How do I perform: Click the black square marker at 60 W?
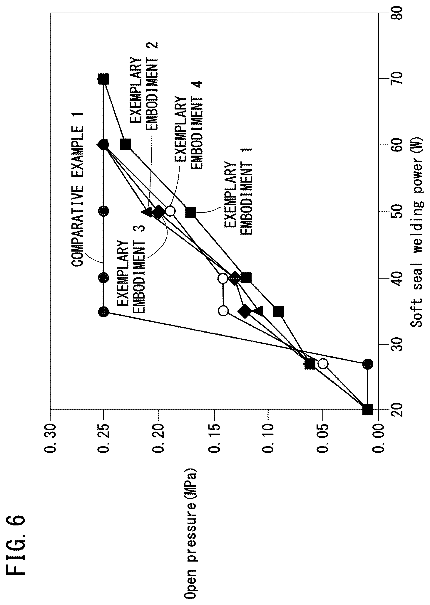click(x=126, y=144)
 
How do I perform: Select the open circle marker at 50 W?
click(x=170, y=211)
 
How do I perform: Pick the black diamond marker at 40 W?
click(x=234, y=278)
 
